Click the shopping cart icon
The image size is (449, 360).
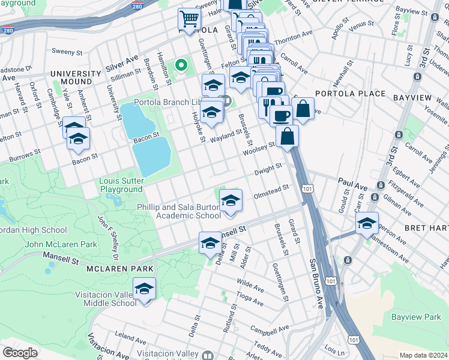[189, 20]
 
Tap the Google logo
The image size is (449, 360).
[20, 353]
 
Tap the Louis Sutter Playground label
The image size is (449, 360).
[122, 185]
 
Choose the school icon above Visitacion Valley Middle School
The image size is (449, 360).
[143, 289]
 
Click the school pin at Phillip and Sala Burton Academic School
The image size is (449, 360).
[230, 201]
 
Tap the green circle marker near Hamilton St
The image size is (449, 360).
[180, 64]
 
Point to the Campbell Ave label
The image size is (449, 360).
[267, 330]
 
